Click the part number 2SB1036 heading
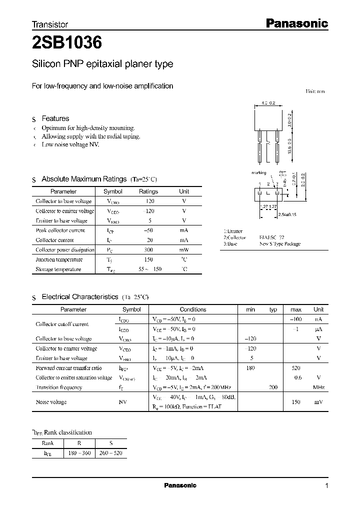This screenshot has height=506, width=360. click(x=67, y=43)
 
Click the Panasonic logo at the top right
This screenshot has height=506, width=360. click(x=296, y=23)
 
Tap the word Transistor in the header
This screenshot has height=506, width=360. click(x=50, y=24)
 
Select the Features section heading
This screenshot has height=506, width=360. click(x=55, y=118)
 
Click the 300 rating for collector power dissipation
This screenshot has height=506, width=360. click(x=148, y=250)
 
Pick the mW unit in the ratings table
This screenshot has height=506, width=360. click(x=184, y=250)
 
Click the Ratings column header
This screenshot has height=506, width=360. click(x=148, y=191)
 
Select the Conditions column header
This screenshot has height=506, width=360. click(x=193, y=309)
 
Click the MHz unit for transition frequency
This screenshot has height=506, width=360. click(x=318, y=387)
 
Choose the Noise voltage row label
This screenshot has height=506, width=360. click(x=51, y=402)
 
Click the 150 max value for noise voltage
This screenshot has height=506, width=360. click(x=295, y=402)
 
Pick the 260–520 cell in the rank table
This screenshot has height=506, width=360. click(x=111, y=453)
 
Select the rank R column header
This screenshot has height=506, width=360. click(x=79, y=443)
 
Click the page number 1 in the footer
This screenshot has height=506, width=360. click(x=326, y=486)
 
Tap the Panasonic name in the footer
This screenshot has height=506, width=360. click(x=180, y=485)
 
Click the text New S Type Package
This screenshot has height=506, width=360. click(x=280, y=244)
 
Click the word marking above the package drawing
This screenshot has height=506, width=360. click(x=259, y=172)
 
